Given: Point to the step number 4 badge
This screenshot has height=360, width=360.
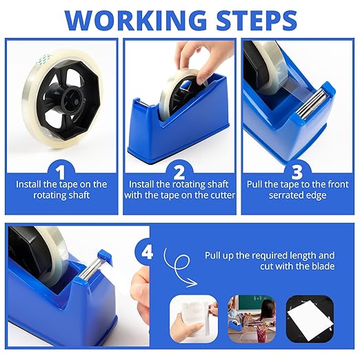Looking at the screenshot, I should pyautogui.click(x=148, y=253).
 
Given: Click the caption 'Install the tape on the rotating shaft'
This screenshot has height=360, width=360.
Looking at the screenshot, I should pyautogui.click(x=61, y=190).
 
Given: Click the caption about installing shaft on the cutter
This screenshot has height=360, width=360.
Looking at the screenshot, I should pyautogui.click(x=179, y=190).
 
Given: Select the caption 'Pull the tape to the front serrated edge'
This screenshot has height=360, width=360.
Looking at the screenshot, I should pyautogui.click(x=297, y=190).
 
